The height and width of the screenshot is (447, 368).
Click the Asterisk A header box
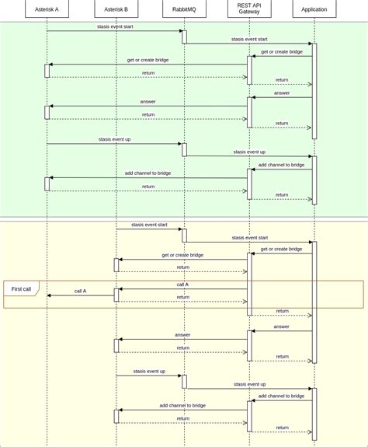click(47, 9)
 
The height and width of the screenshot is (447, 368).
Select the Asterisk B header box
click(116, 9)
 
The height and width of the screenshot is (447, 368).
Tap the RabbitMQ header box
click(184, 9)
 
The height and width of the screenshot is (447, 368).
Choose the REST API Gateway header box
click(249, 9)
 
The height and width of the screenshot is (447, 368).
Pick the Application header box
click(314, 9)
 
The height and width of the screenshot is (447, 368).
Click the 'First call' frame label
click(21, 289)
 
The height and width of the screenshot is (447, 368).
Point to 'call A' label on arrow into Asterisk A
click(81, 291)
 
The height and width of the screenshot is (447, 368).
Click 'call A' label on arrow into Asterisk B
click(182, 285)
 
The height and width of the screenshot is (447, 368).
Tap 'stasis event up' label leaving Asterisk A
click(114, 139)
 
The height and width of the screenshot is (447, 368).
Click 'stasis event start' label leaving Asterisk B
click(149, 225)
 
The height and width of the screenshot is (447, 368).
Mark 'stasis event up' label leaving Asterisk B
click(149, 372)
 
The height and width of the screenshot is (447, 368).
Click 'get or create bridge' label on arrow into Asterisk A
click(148, 60)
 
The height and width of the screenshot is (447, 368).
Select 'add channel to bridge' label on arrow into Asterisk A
click(148, 173)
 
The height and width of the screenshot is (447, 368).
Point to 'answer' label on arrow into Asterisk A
click(148, 102)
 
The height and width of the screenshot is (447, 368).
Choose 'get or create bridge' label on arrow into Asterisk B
click(182, 255)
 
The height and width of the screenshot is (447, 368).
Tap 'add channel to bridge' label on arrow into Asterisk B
click(182, 405)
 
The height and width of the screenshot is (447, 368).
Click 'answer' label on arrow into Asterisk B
click(182, 335)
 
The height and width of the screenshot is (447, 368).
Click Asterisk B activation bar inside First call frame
click(116, 295)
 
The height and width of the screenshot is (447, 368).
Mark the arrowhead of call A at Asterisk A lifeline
click(50, 295)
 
